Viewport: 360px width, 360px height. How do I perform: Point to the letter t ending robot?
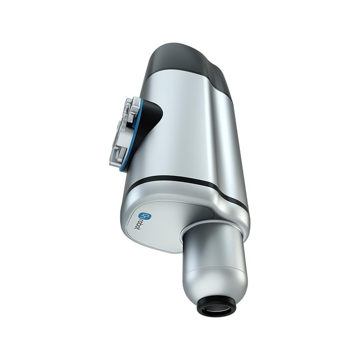tap(149, 231)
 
